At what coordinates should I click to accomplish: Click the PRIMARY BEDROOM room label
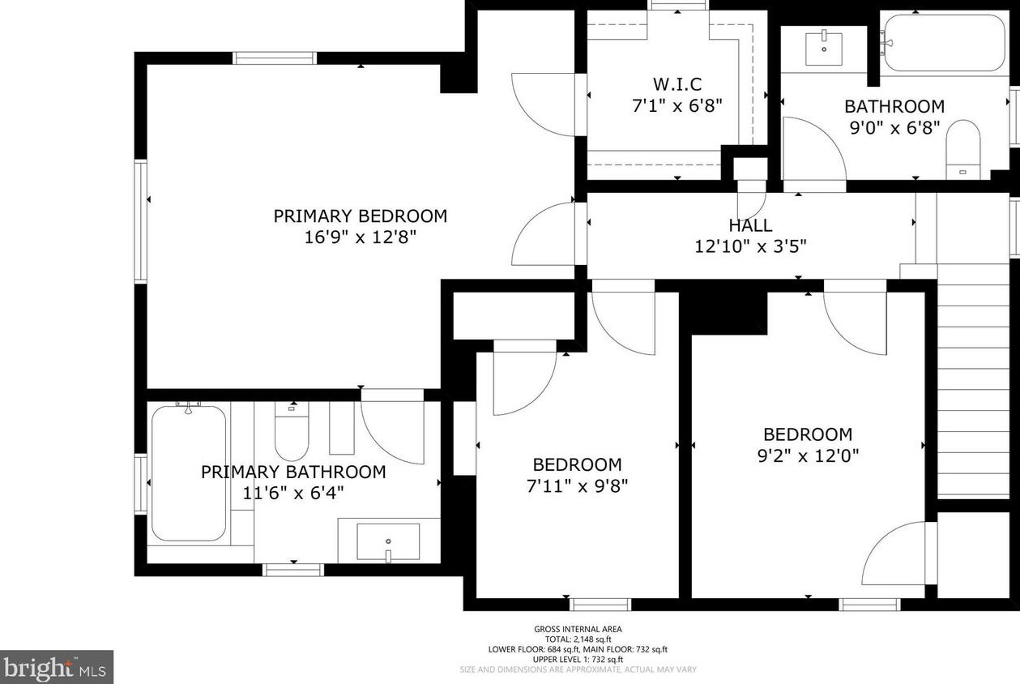click(x=361, y=216)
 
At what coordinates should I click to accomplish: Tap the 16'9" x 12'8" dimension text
click(x=361, y=237)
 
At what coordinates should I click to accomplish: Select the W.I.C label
click(x=677, y=84)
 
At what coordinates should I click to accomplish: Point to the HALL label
click(x=750, y=225)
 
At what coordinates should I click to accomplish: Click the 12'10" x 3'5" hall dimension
click(x=750, y=247)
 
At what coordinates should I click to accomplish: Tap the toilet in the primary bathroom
click(x=292, y=431)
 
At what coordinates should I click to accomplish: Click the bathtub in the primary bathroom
click(x=189, y=472)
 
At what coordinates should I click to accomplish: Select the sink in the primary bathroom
click(x=388, y=541)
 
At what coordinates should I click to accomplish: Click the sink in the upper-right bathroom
click(x=824, y=49)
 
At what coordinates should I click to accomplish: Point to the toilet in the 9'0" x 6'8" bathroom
click(x=962, y=149)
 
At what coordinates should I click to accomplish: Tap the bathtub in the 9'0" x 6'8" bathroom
click(x=944, y=43)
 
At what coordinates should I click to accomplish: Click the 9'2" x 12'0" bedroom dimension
click(x=808, y=455)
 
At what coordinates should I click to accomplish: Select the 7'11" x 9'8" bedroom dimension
click(x=577, y=487)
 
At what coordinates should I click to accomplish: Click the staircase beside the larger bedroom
click(x=973, y=382)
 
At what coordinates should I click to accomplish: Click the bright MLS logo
click(x=57, y=667)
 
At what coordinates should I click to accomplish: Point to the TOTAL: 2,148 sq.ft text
click(x=578, y=639)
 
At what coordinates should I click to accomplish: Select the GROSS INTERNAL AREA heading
click(x=578, y=630)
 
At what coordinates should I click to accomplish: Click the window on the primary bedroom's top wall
click(x=275, y=58)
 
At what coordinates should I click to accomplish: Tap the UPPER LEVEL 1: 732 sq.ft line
click(x=578, y=660)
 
